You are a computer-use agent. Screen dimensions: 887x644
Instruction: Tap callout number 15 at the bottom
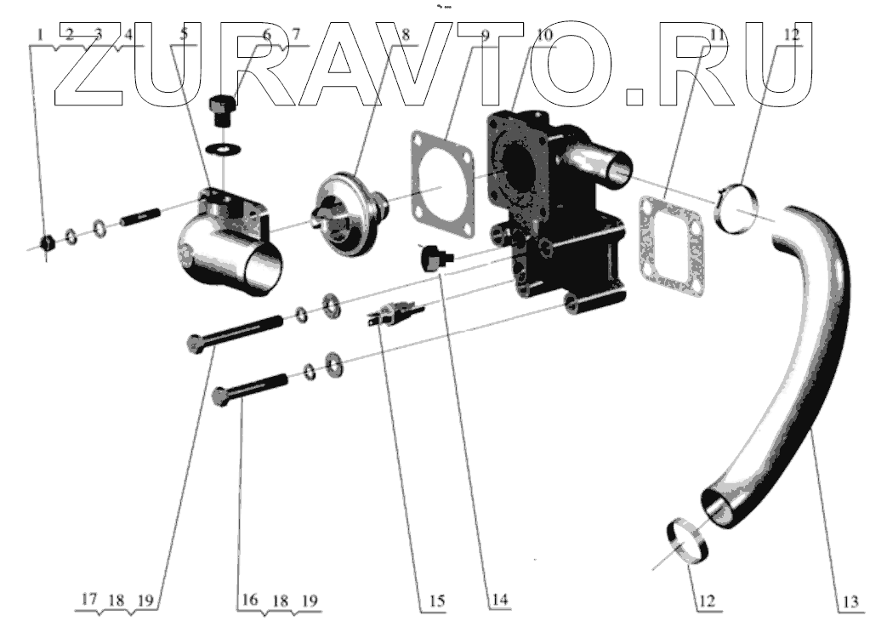pyautogui.click(x=436, y=601)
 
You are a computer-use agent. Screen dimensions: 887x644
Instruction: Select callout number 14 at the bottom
pyautogui.click(x=498, y=601)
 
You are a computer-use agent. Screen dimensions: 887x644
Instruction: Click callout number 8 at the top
pyautogui.click(x=406, y=35)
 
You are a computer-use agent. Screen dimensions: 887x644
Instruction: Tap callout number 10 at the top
pyautogui.click(x=544, y=35)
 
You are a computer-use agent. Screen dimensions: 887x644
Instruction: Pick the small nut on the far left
pyautogui.click(x=48, y=243)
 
